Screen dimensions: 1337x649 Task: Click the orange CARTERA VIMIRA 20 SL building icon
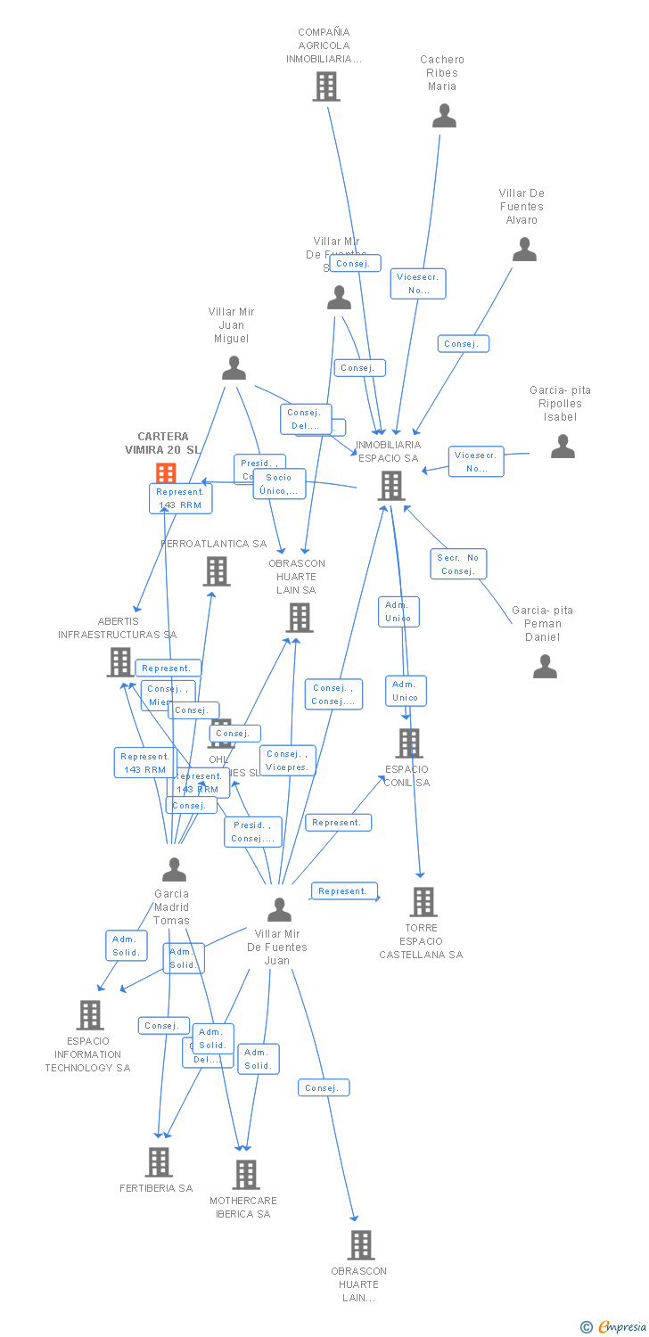pos(166,473)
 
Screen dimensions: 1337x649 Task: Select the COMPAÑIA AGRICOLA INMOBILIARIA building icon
pos(326,86)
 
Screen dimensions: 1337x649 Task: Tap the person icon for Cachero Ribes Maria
pos(444,116)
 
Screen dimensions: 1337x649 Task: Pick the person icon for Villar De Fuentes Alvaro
pos(524,250)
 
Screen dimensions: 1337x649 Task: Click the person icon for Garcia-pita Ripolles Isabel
pos(563,447)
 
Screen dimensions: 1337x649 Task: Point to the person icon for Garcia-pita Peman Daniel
pos(545,666)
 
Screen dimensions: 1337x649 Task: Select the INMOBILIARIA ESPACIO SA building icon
pos(391,486)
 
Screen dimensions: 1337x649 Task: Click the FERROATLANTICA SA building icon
pos(217,571)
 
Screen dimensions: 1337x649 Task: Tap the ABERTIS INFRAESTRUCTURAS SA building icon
pos(119,661)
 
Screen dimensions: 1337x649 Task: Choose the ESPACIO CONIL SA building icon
pos(408,742)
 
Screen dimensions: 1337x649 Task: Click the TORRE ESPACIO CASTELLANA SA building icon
pos(423,901)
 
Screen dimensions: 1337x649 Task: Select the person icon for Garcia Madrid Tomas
pos(174,869)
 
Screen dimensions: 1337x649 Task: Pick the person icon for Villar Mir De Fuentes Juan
pos(280,909)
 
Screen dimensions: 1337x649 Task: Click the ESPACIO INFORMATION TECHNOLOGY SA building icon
pos(89,1014)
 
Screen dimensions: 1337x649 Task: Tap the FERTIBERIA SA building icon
pos(159,1161)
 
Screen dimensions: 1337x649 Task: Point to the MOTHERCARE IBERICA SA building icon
pos(246,1175)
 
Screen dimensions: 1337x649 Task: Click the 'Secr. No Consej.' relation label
pos(459,564)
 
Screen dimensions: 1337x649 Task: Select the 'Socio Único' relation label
pos(279,484)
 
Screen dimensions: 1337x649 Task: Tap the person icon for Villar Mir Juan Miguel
pos(234,368)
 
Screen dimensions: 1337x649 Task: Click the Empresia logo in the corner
pos(614,1327)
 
